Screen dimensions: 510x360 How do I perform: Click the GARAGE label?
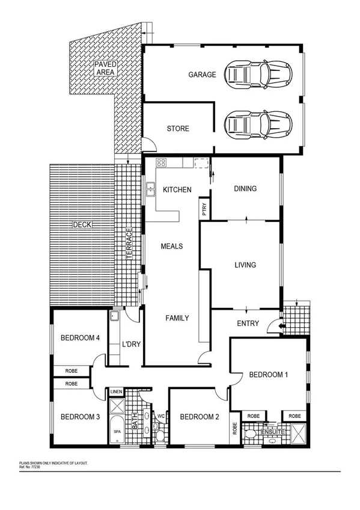click(x=202, y=75)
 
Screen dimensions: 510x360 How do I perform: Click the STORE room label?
click(x=178, y=129)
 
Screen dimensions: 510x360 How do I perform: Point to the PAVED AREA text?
click(x=105, y=68)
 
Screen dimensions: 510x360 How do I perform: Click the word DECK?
click(x=81, y=225)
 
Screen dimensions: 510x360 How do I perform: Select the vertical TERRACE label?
click(x=129, y=244)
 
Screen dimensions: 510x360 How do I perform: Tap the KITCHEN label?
click(x=177, y=190)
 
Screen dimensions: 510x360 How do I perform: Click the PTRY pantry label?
click(x=204, y=209)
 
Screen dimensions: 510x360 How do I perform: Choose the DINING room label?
click(x=245, y=189)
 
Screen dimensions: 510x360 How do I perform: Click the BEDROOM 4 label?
click(x=80, y=338)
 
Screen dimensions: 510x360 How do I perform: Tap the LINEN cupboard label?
click(x=117, y=392)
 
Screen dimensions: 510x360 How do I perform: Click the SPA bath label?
click(x=117, y=432)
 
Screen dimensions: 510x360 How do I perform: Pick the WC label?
click(x=160, y=415)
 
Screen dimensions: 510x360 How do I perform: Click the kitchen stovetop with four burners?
click(x=161, y=162)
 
